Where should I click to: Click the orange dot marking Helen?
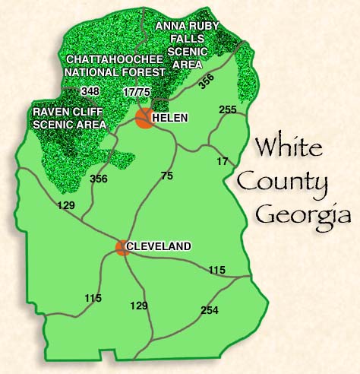pos(144,117)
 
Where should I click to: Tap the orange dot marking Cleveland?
pos(122,247)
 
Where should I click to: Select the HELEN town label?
pos(169,118)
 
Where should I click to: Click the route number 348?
pos(90,91)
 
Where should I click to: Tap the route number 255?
pos(227,110)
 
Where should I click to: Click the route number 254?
pos(210,310)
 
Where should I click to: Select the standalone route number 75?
pos(168,176)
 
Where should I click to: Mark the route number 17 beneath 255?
pos(222,161)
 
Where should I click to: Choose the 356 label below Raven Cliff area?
pos(98,179)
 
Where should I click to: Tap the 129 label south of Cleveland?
pos(138,306)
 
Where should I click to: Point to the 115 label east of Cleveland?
pos(217,270)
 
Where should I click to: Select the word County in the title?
pos(283,182)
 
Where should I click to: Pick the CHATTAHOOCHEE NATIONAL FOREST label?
pos(115,65)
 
